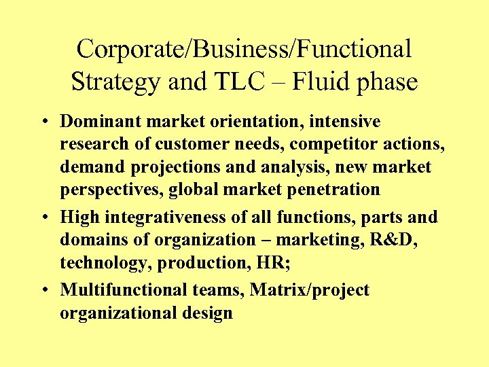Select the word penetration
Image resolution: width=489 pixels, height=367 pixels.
[x=328, y=190]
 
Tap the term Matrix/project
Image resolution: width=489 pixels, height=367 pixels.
[x=310, y=290]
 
